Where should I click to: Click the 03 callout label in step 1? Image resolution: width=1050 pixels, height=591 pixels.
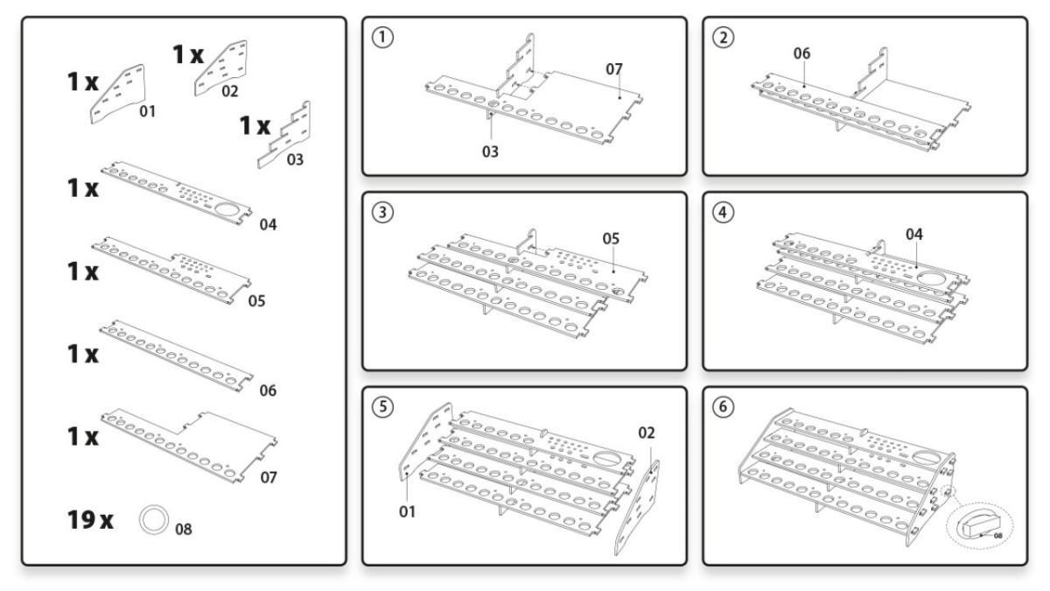490,151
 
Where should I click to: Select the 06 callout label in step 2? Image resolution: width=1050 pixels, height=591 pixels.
802,53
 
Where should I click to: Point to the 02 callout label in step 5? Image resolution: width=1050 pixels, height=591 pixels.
646,432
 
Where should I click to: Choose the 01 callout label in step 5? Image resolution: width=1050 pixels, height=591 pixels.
407,512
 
